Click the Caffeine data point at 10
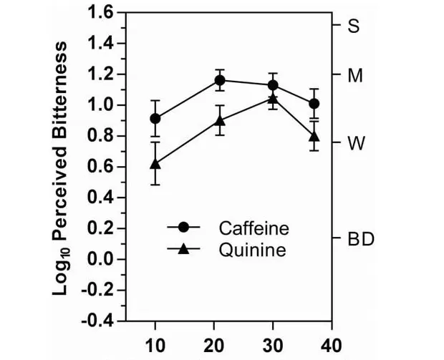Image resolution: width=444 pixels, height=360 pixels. coord(155,119)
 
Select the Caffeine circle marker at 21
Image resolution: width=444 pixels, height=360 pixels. coord(221,80)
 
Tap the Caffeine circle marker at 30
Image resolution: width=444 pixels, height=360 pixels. coord(273,85)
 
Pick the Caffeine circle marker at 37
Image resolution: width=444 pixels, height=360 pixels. coord(314,104)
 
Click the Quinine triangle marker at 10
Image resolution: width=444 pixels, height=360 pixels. coord(155,164)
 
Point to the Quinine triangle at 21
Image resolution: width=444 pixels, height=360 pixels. coord(221,121)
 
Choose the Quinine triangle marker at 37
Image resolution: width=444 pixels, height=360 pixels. coord(314,136)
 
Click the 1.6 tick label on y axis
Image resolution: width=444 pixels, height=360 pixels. coord(100,13)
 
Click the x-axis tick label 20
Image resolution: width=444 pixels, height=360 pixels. coord(215,344)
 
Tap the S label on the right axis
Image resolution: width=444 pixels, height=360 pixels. coord(353,26)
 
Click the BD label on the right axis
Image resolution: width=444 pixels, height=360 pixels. coord(360,238)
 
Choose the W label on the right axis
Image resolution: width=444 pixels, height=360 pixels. coord(354,142)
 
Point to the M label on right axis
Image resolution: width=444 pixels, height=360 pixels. coord(355,75)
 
